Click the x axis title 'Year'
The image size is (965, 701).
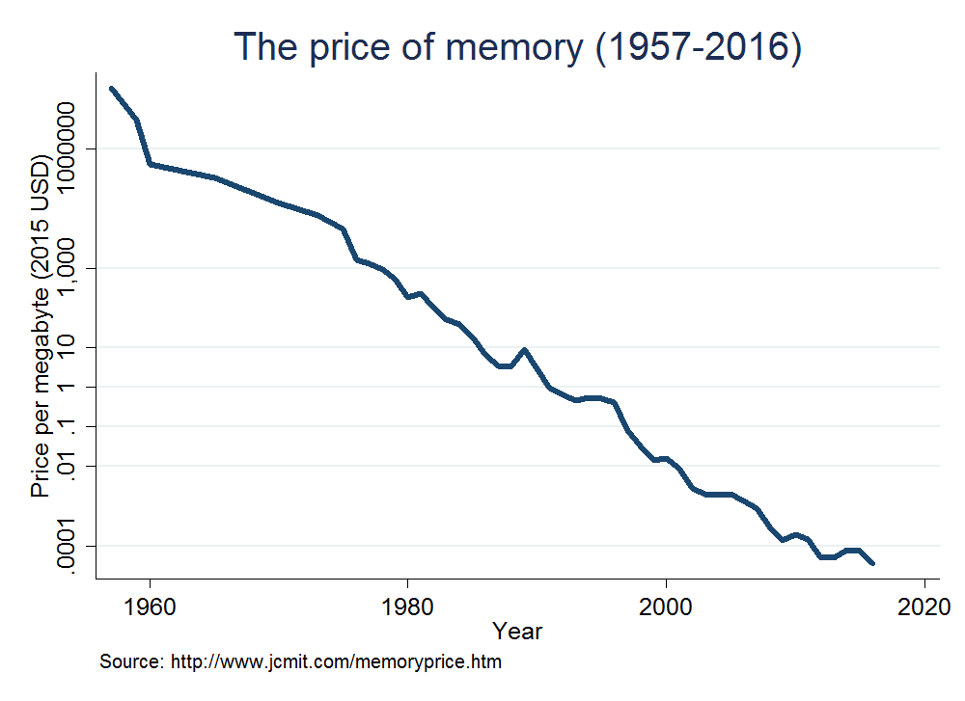[517, 633]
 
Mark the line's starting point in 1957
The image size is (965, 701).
[112, 89]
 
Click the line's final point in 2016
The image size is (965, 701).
[872, 563]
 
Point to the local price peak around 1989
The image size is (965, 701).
[524, 350]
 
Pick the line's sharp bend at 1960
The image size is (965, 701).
[151, 164]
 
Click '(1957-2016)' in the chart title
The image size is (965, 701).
[698, 48]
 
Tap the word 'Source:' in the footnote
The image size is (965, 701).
[132, 663]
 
